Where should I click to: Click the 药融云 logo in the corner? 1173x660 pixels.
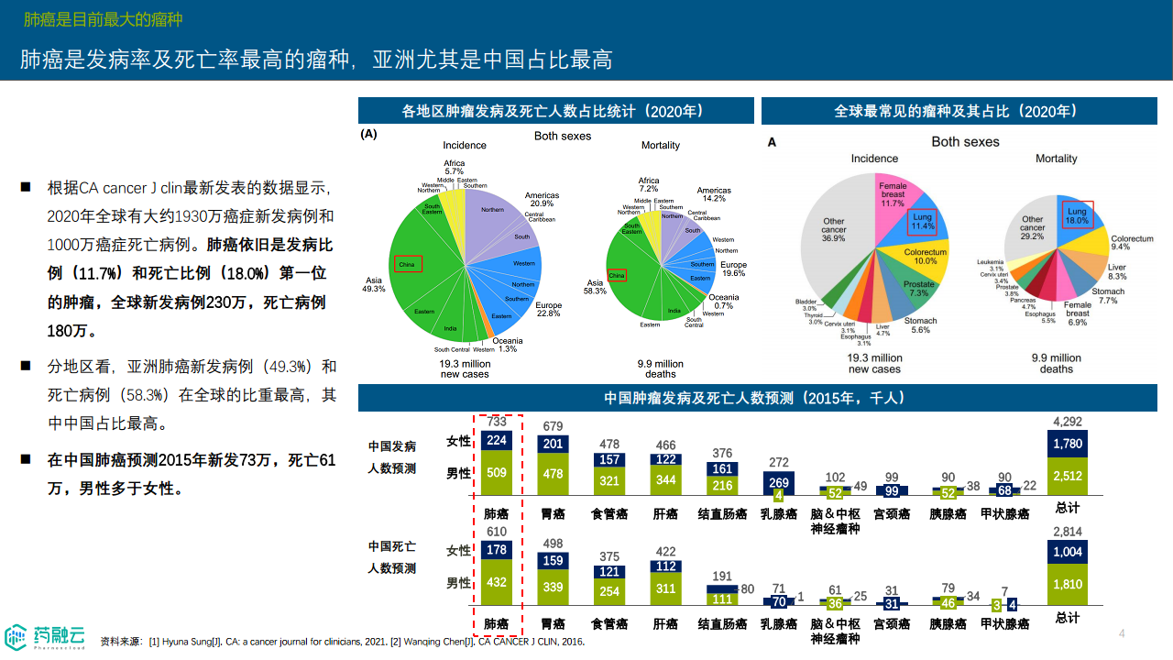[x=46, y=635]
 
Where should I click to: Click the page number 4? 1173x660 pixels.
[x=1121, y=633]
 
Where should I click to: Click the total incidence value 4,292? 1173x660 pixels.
[x=1068, y=422]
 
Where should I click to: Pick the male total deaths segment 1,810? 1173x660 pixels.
[x=1068, y=584]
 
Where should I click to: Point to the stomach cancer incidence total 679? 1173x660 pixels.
[x=553, y=426]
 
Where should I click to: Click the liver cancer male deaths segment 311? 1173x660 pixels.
[x=666, y=588]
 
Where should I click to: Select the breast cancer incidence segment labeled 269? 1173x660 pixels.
[x=779, y=483]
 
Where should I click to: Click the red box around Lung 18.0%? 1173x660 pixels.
[x=1077, y=214]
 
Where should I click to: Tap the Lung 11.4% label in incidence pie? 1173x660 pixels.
[x=922, y=221]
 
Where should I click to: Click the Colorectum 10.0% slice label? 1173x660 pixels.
[x=925, y=256]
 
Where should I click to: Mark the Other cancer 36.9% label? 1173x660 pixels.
[x=833, y=229]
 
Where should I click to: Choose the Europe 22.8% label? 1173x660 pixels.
[x=548, y=309]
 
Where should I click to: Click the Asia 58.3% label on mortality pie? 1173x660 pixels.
[x=595, y=287]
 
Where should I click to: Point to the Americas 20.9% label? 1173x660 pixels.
[x=542, y=199]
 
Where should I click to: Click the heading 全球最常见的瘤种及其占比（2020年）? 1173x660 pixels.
[x=957, y=111]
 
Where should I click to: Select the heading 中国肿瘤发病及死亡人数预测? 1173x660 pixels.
[x=756, y=398]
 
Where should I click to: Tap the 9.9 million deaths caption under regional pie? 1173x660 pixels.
[x=660, y=368]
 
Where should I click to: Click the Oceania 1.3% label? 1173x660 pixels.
[x=508, y=345]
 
